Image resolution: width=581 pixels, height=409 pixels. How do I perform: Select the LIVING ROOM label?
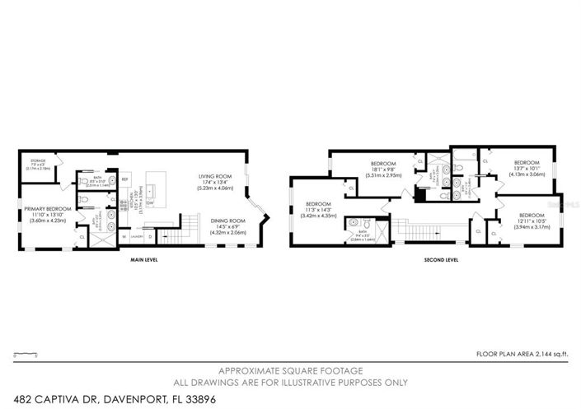(x=214, y=176)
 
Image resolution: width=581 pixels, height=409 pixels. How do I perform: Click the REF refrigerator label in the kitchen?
(x=125, y=179)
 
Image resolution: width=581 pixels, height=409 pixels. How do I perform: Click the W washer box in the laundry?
(x=124, y=236)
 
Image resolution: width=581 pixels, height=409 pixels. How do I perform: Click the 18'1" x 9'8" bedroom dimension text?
(x=384, y=169)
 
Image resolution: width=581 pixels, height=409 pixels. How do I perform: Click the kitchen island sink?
(x=152, y=190)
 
